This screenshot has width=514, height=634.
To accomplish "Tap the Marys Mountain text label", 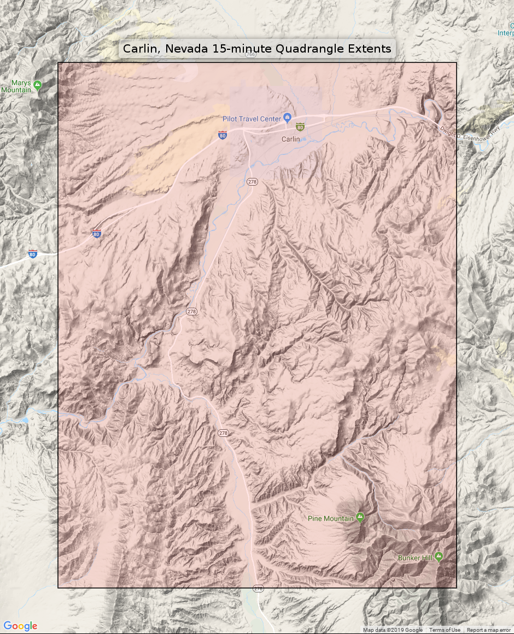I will click(16, 87).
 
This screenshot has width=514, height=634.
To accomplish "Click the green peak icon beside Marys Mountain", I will click(37, 85).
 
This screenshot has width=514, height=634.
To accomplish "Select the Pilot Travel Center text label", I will click(252, 119).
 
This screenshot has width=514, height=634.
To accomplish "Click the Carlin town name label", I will click(290, 139).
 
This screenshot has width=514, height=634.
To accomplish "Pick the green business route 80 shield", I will click(300, 127).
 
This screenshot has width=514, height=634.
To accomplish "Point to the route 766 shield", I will click(250, 54).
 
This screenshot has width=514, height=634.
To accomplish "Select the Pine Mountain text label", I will click(330, 518).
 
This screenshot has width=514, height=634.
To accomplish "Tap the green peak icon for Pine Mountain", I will click(360, 516).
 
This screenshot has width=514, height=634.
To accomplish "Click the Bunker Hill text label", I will click(415, 558).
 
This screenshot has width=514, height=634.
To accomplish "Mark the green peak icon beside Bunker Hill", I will click(439, 556).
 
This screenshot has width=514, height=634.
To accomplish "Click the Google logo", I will click(20, 626).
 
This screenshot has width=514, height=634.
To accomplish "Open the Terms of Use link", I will click(445, 630).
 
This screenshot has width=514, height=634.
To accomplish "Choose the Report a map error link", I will click(488, 630).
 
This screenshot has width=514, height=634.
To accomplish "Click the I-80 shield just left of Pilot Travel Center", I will click(222, 135).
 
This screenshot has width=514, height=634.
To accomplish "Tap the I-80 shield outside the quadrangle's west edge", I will click(33, 253).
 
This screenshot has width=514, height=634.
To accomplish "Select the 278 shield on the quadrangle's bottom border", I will click(258, 589).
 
